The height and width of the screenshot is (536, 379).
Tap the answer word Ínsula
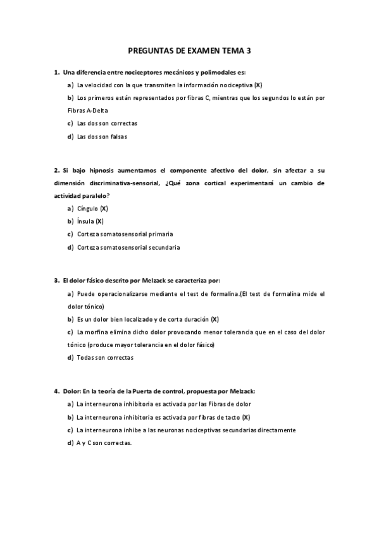coord(85,221)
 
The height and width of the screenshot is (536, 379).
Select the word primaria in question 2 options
coord(158,234)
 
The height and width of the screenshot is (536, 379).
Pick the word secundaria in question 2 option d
coord(163,247)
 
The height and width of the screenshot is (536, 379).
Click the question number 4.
coord(56,391)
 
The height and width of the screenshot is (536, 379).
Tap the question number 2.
coord(56,170)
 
